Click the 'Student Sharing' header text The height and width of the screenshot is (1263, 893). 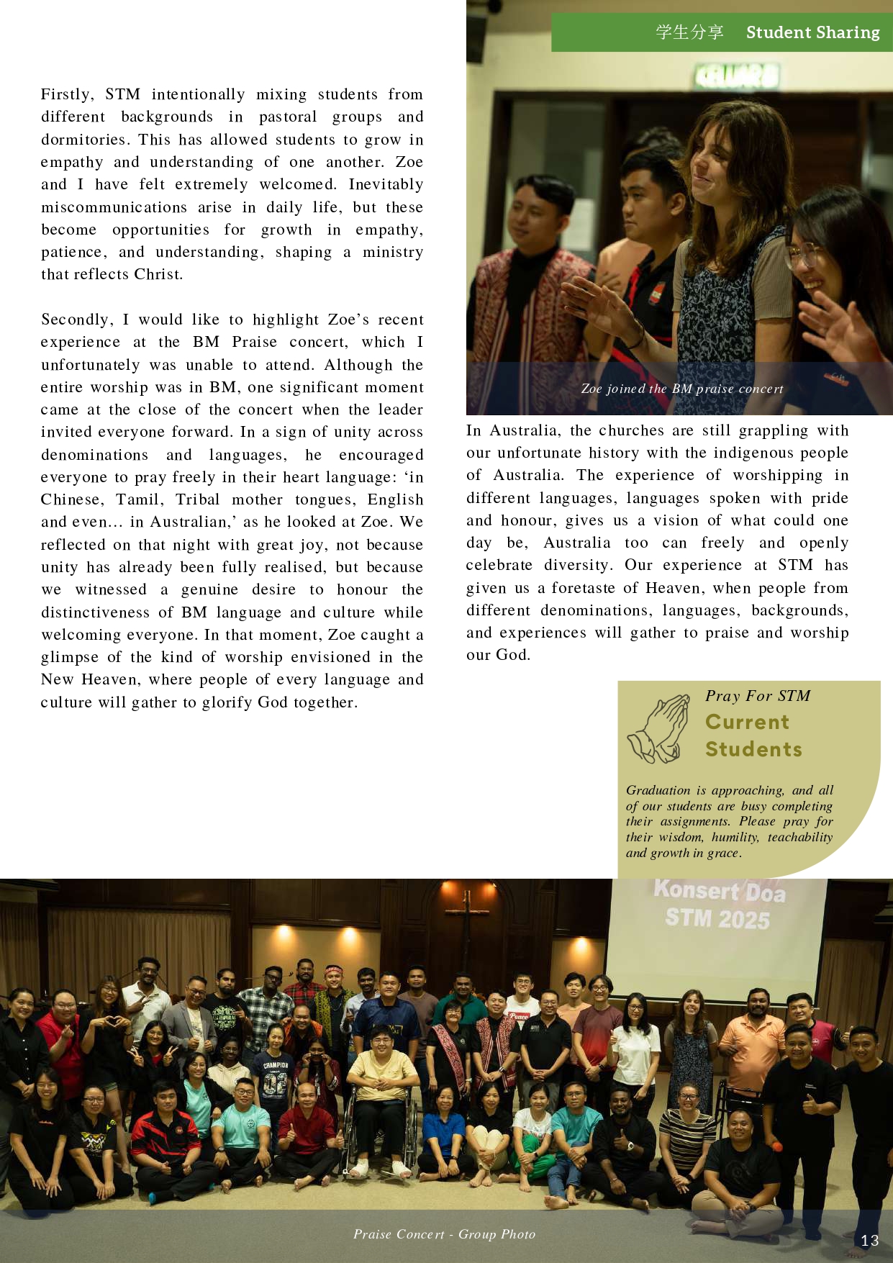pos(812,32)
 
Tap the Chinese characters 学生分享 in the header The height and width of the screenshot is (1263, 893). pos(689,32)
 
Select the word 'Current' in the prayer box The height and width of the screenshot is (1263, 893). pos(747,722)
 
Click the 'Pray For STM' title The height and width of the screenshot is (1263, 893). pos(758,696)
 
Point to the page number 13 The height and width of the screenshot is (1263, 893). pos(869,1240)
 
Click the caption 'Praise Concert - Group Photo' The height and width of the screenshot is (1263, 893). pos(444,1234)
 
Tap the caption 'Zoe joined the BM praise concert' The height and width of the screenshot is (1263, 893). pos(681,389)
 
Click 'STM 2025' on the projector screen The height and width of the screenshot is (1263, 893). pos(717,918)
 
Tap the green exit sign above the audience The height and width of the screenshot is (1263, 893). pos(735,74)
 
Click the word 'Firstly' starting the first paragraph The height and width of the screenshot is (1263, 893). pos(67,94)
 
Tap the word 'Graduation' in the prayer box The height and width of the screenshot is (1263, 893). pos(658,790)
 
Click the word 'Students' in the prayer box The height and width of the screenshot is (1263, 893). pos(753,749)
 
